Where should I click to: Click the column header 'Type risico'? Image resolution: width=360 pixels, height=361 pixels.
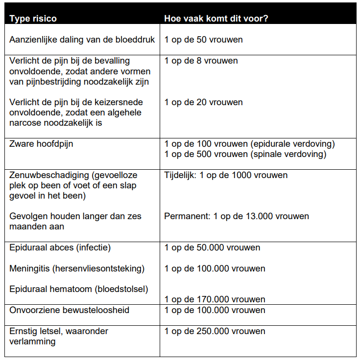33,19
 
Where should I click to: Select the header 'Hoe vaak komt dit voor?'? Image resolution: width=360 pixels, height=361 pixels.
219,19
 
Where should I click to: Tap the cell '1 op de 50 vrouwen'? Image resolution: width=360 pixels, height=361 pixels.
203,40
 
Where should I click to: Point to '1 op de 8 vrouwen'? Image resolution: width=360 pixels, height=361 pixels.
201,61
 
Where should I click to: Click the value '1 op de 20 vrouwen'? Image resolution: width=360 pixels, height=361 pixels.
203,102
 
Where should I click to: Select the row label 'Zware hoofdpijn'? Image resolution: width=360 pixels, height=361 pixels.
41,144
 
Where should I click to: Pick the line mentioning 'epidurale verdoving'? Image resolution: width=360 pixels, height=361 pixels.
250,144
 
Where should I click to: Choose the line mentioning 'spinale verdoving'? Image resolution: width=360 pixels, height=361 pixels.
245,154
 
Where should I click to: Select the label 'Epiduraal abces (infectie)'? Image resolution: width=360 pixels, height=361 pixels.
60,248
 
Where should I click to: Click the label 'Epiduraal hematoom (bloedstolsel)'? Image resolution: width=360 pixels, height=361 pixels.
78,289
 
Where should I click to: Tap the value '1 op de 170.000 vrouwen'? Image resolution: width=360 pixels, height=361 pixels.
215,299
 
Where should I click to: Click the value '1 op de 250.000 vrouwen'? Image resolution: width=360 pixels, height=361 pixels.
215,331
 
